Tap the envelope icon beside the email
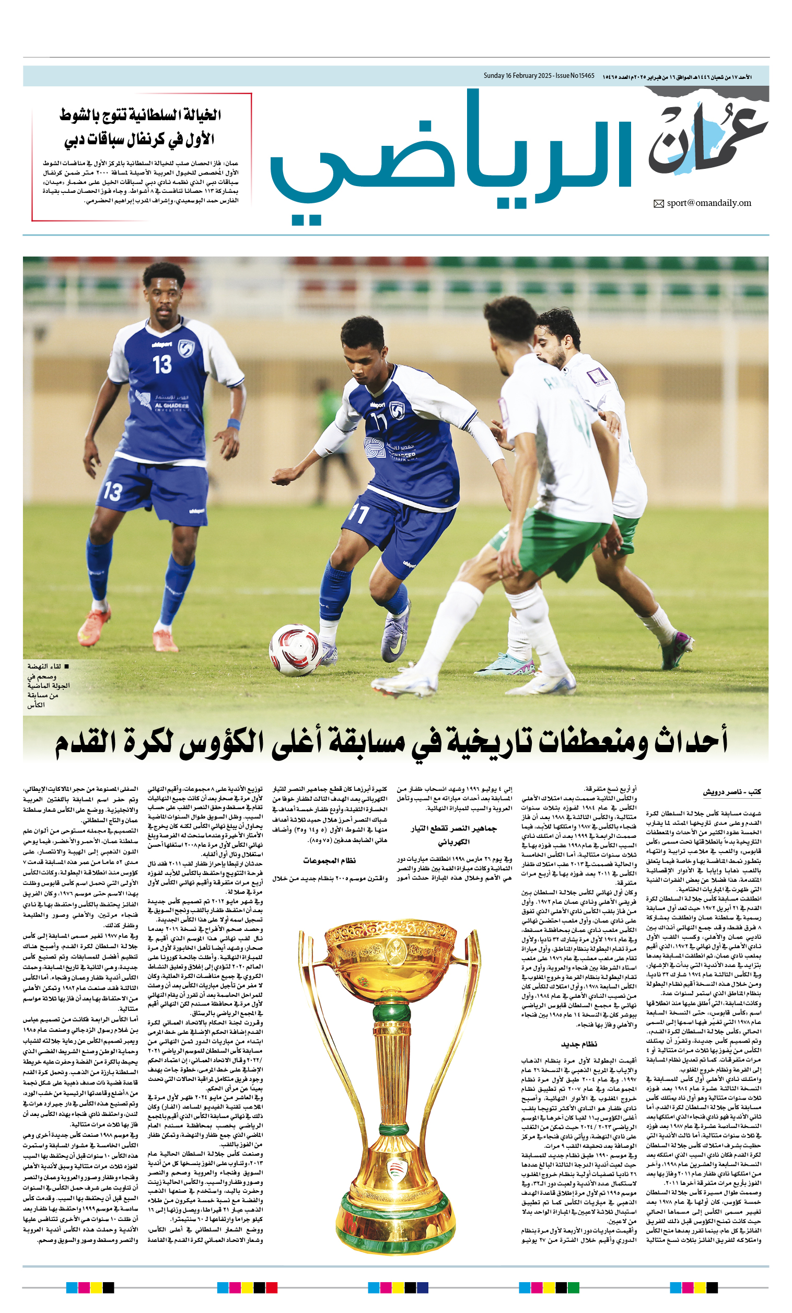[x=659, y=203]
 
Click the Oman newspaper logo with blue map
[x=708, y=140]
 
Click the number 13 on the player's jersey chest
[x=162, y=364]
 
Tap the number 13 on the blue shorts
[x=113, y=491]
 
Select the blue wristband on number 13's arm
[x=234, y=425]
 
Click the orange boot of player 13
[x=94, y=625]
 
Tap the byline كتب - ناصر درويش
[x=731, y=792]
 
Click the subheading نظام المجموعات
[x=329, y=860]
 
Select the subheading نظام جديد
[x=579, y=1044]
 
